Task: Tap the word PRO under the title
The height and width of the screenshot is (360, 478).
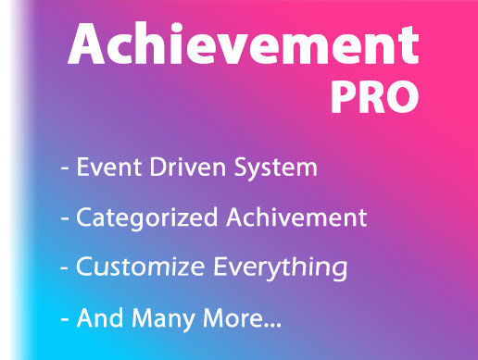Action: [x=375, y=96]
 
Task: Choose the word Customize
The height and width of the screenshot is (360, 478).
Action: [x=135, y=268]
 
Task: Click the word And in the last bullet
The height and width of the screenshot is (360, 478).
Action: [x=96, y=319]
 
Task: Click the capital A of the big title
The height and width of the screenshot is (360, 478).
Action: [x=90, y=43]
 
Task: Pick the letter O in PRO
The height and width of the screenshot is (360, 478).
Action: [x=401, y=96]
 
